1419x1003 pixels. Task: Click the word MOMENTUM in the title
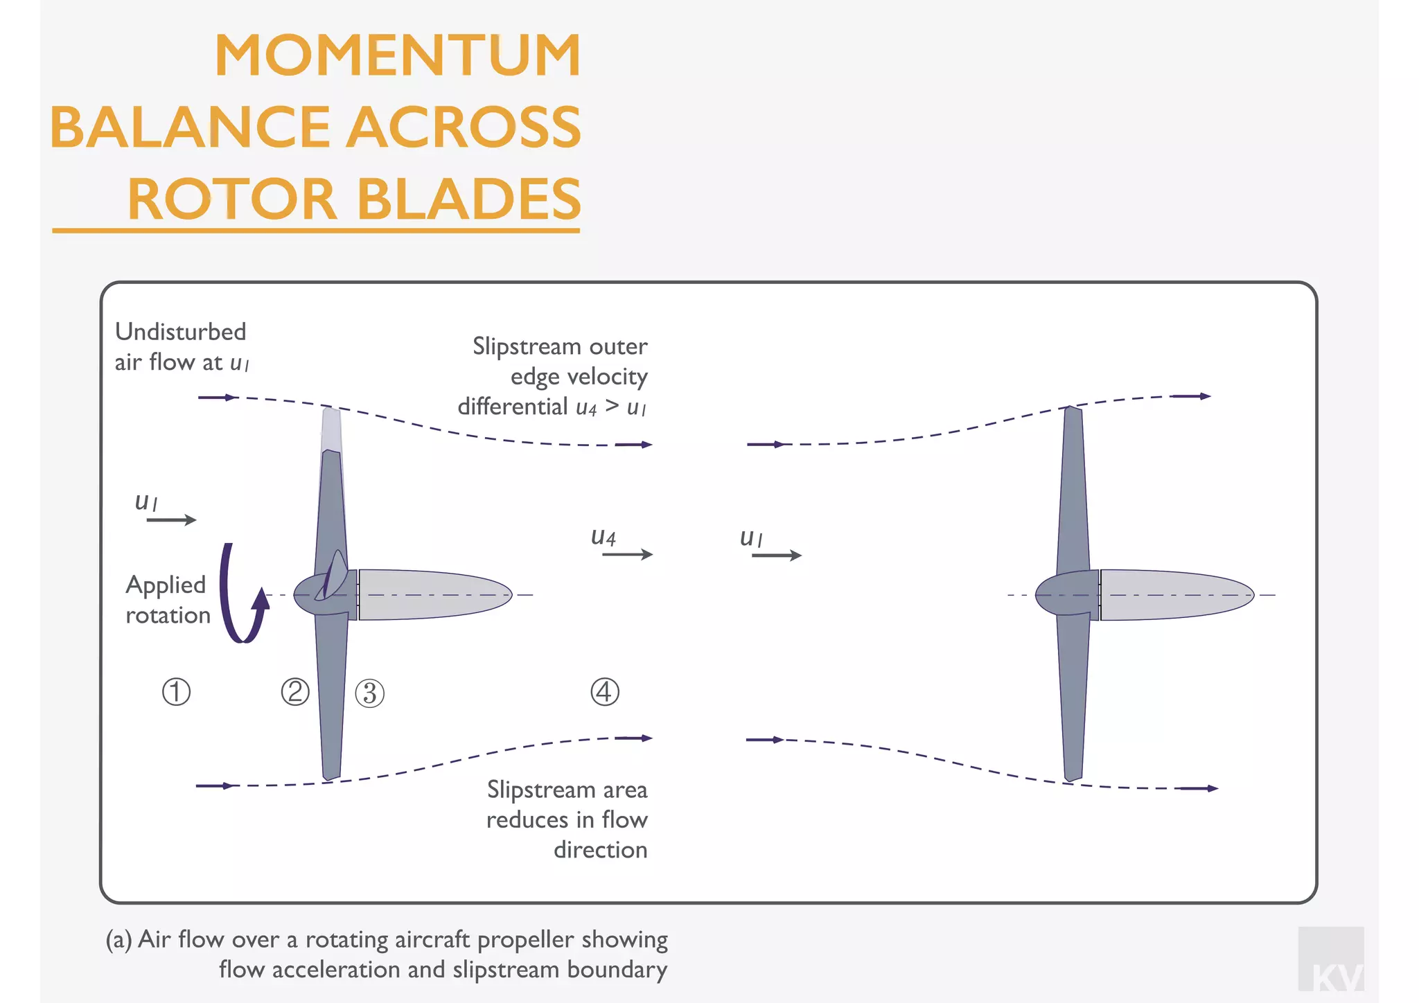[397, 55]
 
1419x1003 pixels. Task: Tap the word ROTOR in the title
[232, 199]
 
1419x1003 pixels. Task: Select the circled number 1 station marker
[176, 691]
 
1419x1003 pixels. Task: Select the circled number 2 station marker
[295, 691]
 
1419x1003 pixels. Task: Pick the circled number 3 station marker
[369, 693]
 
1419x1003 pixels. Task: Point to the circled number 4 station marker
[604, 691]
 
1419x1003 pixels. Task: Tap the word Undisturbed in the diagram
[180, 332]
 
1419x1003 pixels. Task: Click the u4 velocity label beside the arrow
[603, 536]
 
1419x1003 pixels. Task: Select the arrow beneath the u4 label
[627, 554]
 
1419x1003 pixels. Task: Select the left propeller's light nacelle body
[433, 594]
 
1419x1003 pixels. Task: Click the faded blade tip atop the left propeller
[331, 429]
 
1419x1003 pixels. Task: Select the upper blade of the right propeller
[1073, 485]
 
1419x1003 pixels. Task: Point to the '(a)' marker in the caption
[118, 940]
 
